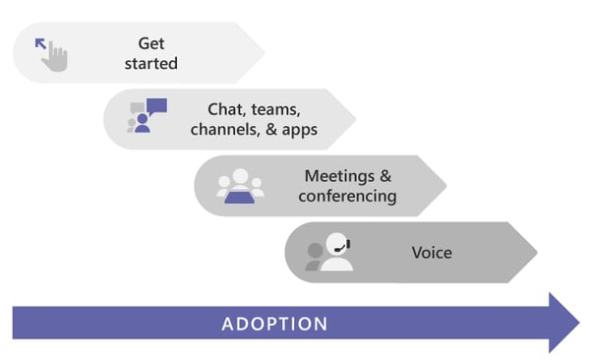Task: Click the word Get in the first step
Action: [x=150, y=43]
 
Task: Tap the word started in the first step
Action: [x=150, y=64]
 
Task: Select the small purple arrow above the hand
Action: [x=40, y=43]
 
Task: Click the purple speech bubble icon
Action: [x=156, y=106]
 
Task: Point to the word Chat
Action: [x=225, y=109]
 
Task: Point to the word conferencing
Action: [x=350, y=196]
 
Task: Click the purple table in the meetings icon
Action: [x=240, y=197]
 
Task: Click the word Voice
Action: [x=432, y=253]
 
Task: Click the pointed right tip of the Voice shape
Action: [x=536, y=252]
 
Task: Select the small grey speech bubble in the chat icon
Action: [x=137, y=107]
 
